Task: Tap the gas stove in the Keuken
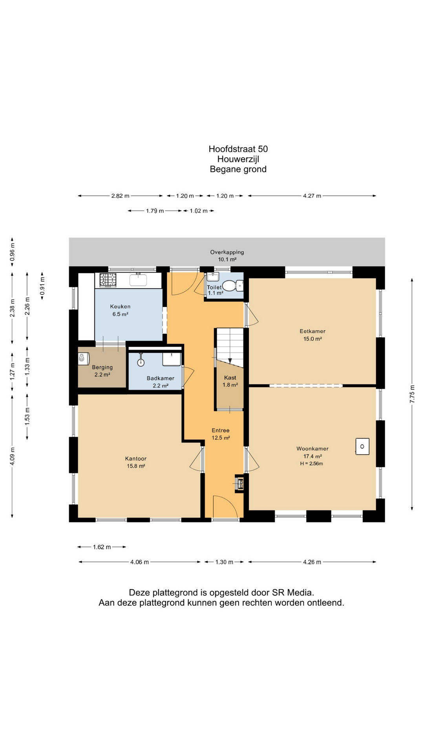(108, 280)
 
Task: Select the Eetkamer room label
(313, 331)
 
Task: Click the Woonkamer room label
(313, 449)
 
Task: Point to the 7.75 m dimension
(412, 394)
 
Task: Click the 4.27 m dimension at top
(312, 196)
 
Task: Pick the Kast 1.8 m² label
(230, 381)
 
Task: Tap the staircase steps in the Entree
(230, 345)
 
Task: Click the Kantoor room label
(136, 458)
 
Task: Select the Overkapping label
(227, 252)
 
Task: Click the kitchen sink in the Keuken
(138, 280)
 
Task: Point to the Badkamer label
(161, 378)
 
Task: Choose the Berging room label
(102, 367)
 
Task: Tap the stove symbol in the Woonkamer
(362, 446)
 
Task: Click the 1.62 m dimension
(102, 547)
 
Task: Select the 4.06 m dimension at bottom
(139, 562)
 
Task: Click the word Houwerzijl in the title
(238, 159)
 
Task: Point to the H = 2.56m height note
(312, 464)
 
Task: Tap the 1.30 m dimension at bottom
(224, 562)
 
